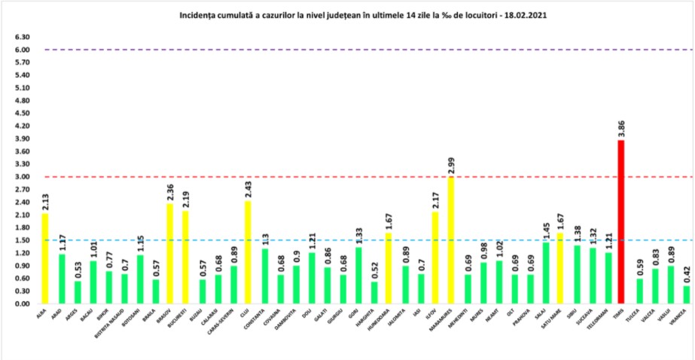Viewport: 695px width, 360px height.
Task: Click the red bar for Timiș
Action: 620,221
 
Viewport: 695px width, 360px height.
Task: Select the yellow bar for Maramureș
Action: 451,240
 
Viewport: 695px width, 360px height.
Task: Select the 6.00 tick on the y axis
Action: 22,50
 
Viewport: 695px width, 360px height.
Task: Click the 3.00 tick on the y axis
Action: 22,177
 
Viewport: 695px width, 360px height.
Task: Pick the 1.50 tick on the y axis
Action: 22,240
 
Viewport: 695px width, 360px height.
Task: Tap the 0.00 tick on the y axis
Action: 22,304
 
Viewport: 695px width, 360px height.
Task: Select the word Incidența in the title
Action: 197,14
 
